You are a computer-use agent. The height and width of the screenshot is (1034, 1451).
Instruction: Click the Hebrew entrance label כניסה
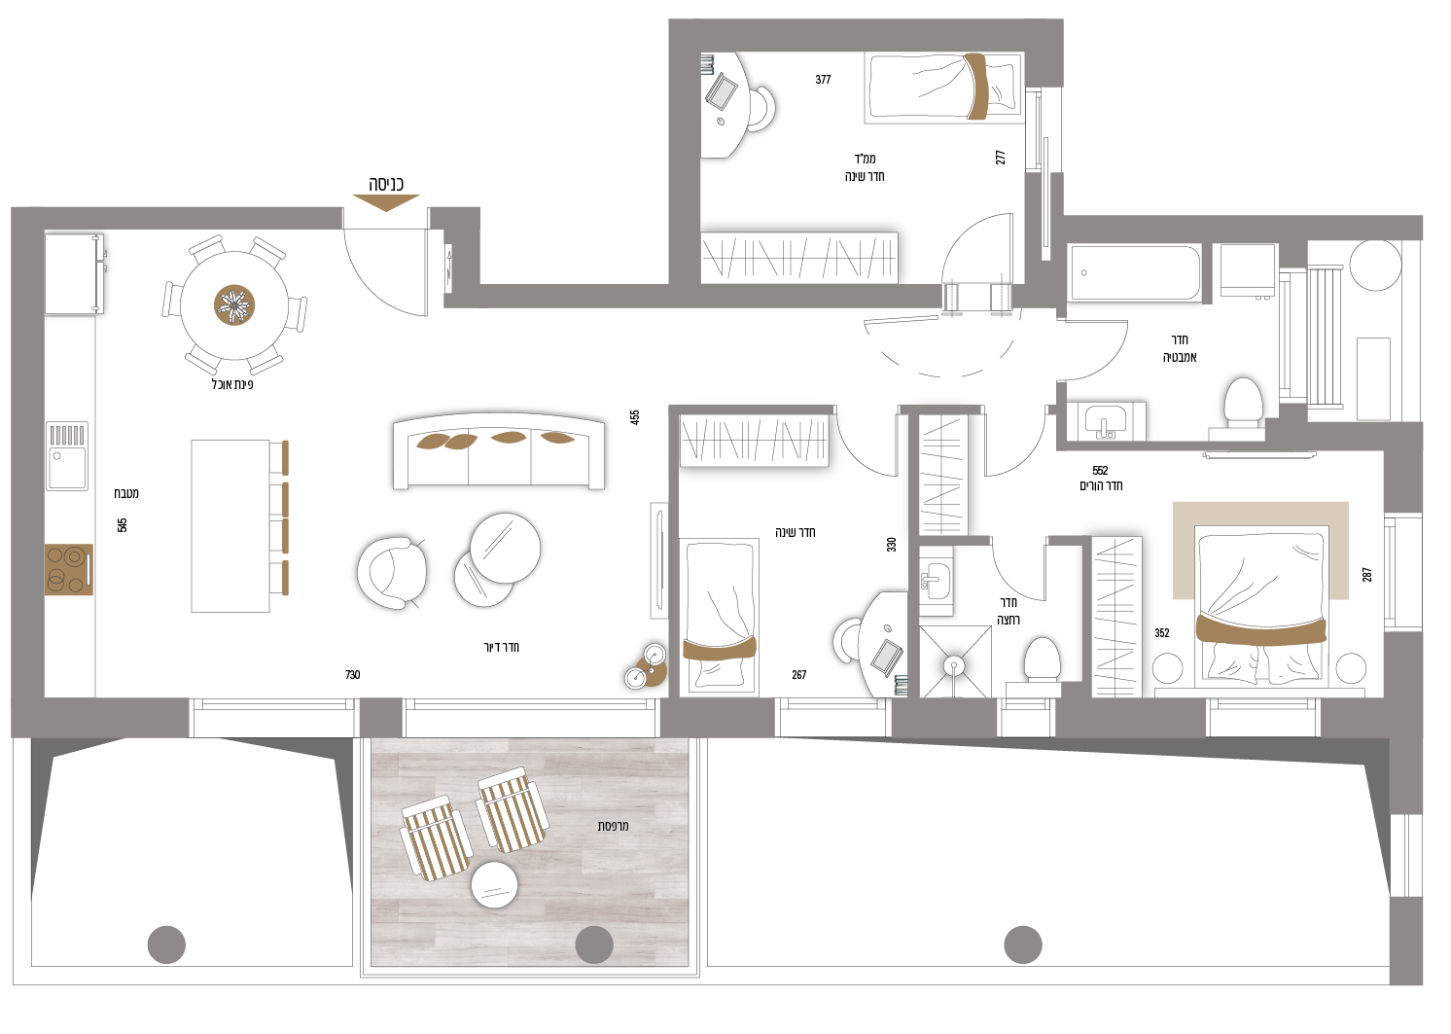(386, 184)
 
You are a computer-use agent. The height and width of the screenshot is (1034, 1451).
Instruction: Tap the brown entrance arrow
(386, 202)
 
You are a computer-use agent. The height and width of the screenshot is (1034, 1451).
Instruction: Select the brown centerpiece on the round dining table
(234, 305)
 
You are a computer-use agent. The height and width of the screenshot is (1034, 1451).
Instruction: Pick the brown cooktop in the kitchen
(68, 570)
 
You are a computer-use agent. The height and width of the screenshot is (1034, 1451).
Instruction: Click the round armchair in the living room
(392, 572)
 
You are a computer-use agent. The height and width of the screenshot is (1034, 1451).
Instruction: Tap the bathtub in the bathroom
(1135, 272)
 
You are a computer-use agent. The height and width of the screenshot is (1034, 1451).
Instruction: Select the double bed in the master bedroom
(1262, 603)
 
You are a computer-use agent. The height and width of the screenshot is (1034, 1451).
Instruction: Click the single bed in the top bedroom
(943, 88)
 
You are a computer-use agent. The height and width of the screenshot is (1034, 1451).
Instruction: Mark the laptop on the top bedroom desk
(722, 91)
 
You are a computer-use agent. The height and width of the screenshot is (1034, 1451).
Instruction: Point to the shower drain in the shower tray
(954, 665)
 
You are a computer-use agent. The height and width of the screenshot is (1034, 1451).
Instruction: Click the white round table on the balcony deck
(494, 885)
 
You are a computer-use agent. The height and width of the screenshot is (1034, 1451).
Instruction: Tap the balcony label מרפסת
(613, 826)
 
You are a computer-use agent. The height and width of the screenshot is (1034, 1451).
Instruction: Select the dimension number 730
(352, 674)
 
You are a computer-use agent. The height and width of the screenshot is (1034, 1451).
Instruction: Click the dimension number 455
(635, 417)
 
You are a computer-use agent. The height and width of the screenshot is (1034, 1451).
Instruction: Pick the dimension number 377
(823, 80)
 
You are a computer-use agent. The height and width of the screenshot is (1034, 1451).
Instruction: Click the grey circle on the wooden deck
(594, 945)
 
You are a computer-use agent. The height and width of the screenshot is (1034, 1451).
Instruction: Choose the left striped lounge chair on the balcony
(436, 837)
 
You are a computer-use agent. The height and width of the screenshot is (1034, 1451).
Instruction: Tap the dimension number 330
(891, 545)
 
